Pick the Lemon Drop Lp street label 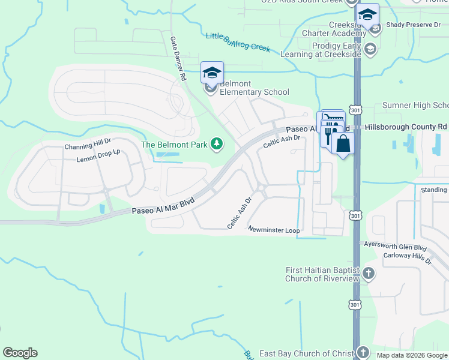coord(98,156)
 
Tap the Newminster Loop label coord(273,229)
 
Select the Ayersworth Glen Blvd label coord(395,246)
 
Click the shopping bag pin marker coord(343,144)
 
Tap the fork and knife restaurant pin coord(328,136)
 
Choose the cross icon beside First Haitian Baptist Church coord(369,274)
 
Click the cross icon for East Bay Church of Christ coord(363,353)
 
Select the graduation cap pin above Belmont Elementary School coord(212,73)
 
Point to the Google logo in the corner coord(20,353)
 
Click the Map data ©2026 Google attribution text coord(412,355)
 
